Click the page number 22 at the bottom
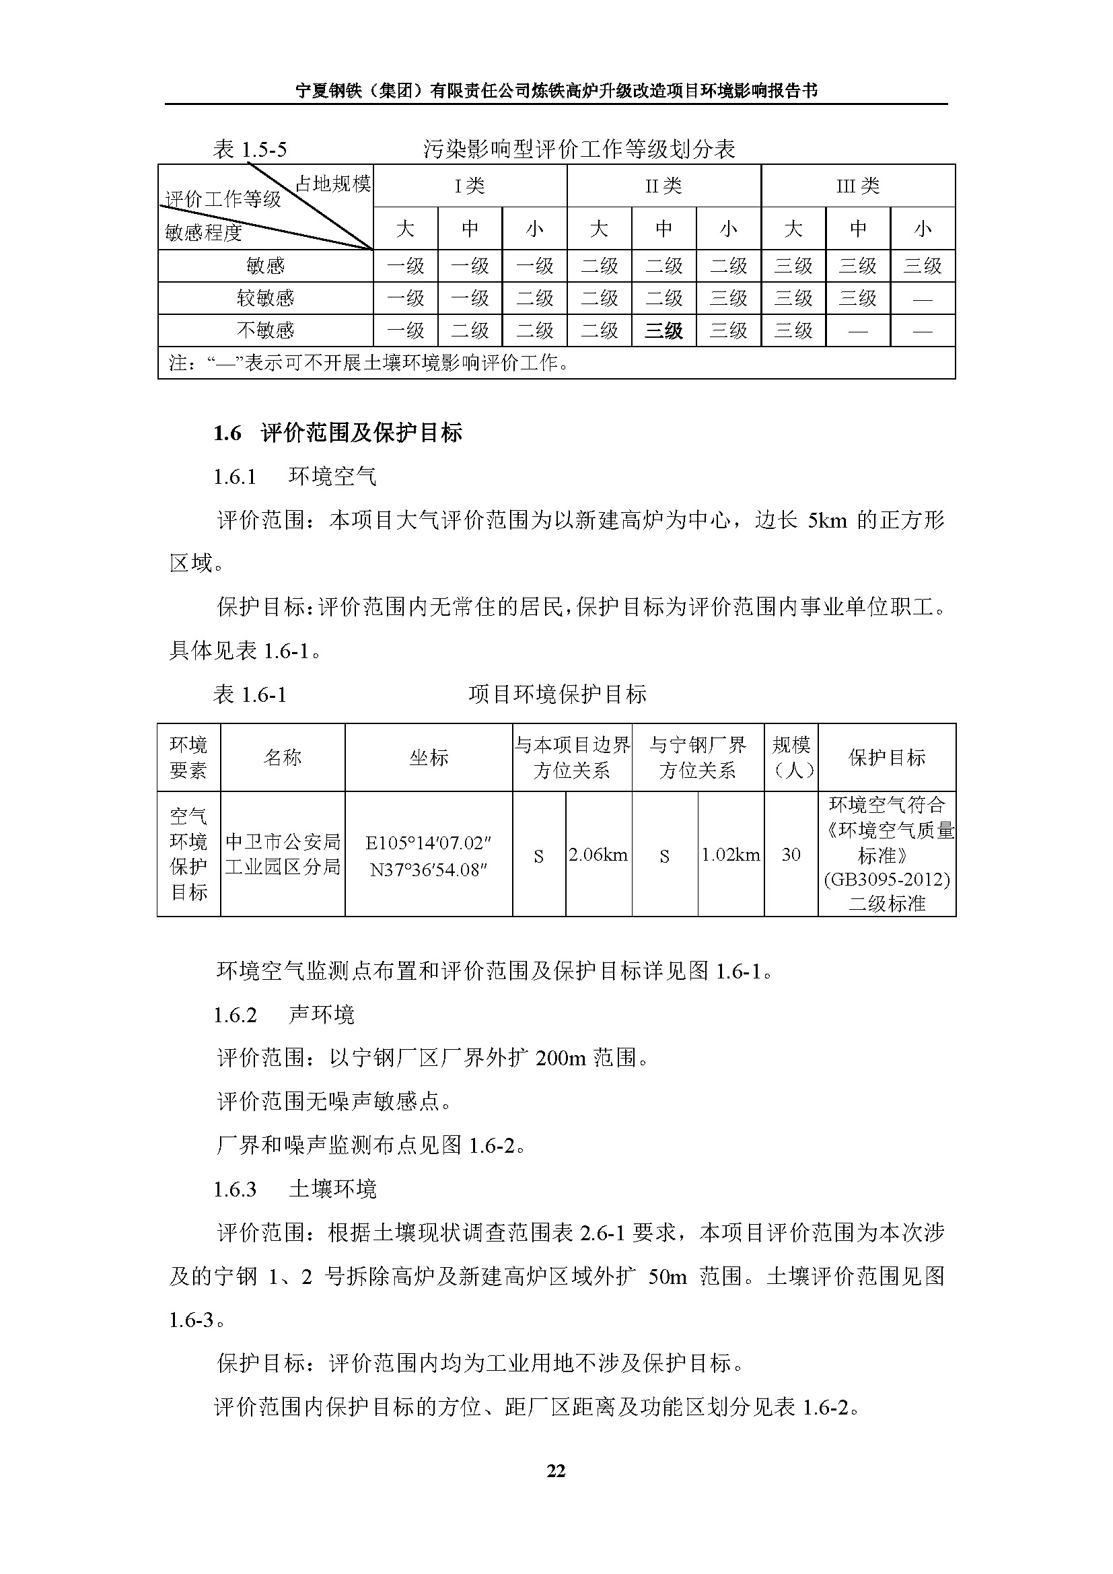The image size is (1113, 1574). (556, 1470)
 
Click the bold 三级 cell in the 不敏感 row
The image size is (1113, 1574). (663, 331)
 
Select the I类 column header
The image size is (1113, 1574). (470, 186)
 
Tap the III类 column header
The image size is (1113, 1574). (857, 186)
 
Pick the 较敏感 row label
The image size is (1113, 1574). (265, 298)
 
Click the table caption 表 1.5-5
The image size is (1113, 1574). (250, 149)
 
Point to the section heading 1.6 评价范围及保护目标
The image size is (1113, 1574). (338, 433)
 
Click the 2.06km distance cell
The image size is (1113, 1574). (598, 854)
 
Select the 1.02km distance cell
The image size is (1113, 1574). (731, 854)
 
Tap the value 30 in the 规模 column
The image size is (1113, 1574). (791, 854)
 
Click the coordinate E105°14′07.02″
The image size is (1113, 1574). (429, 843)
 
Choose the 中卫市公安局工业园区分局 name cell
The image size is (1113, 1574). (283, 854)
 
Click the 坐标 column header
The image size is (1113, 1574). (429, 758)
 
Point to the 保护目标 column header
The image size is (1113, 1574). (887, 758)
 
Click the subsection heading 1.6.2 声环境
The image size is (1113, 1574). (284, 1015)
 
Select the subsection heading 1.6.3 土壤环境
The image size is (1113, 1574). (295, 1188)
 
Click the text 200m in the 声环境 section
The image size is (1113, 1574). (561, 1058)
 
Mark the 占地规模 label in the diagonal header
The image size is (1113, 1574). (333, 183)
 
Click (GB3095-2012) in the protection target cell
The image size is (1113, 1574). (887, 880)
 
